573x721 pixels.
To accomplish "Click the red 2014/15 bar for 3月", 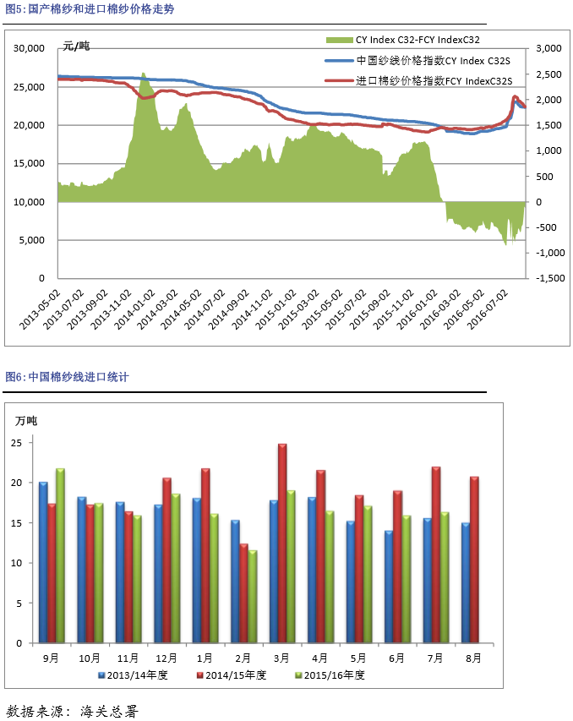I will pyautogui.click(x=282, y=543).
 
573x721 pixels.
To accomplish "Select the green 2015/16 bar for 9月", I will pyautogui.click(x=60, y=555).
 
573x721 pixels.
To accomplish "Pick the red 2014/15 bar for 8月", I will pyautogui.click(x=475, y=560).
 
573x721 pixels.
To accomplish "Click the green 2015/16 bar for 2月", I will pyautogui.click(x=253, y=596).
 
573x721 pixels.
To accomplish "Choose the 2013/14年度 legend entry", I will pyautogui.click(x=135, y=675).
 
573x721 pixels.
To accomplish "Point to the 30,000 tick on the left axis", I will pyautogui.click(x=30, y=49).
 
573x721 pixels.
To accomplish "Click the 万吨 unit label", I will pyautogui.click(x=26, y=420).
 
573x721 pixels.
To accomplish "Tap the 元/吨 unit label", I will pyautogui.click(x=76, y=46).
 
